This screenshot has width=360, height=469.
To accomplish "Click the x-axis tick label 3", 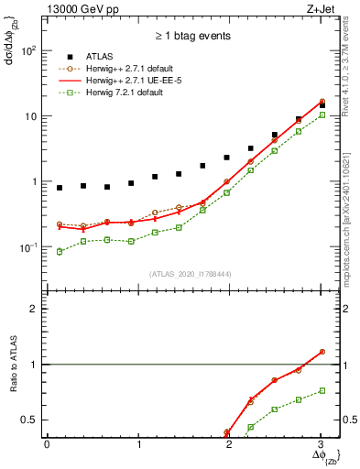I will coord(321,444).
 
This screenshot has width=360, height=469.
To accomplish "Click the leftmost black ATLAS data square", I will coord(60,188).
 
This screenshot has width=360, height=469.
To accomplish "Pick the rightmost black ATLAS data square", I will coord(321,105).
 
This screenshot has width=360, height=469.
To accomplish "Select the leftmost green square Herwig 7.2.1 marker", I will coord(60,251).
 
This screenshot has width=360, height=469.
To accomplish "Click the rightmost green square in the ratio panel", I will coord(321,390).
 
